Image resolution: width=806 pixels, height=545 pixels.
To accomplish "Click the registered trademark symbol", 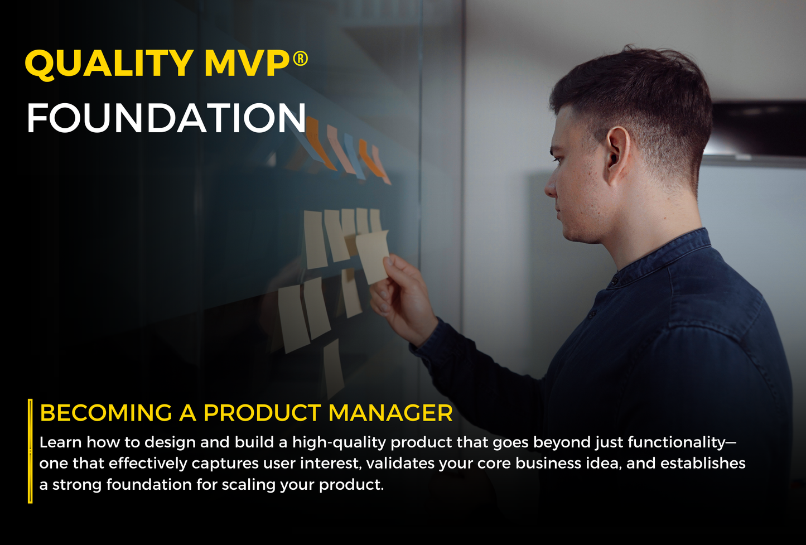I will pyautogui.click(x=300, y=57).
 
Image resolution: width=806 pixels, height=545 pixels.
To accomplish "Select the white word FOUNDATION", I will pyautogui.click(x=166, y=118).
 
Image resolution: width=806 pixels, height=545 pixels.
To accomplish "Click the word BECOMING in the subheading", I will pyautogui.click(x=105, y=413).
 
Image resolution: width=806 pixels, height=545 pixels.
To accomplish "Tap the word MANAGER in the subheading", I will pyautogui.click(x=390, y=413).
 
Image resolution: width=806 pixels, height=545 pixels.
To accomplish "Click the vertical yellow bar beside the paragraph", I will pyautogui.click(x=30, y=451).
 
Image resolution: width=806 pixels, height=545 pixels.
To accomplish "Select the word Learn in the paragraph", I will pyautogui.click(x=60, y=442).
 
